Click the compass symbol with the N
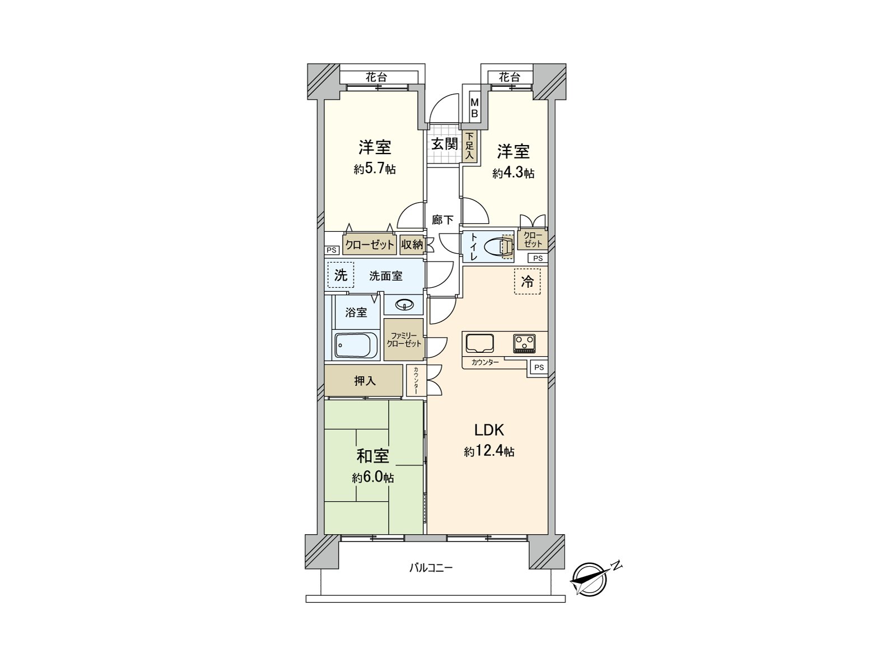tap(589, 578)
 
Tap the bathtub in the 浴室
tap(357, 345)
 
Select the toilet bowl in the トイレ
tap(498, 247)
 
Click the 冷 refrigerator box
tap(528, 282)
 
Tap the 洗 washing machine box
tap(340, 275)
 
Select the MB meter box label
tap(474, 109)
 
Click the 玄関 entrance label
tap(444, 144)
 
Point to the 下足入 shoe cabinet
tap(470, 147)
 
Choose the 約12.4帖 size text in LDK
tap(489, 451)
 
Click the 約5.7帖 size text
tap(375, 169)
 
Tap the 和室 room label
tap(373, 456)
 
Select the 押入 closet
tap(364, 381)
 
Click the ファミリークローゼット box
tap(404, 339)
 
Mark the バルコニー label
tap(431, 568)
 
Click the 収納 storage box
tap(412, 245)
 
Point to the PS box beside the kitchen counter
tap(539, 367)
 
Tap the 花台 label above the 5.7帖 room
tap(377, 77)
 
